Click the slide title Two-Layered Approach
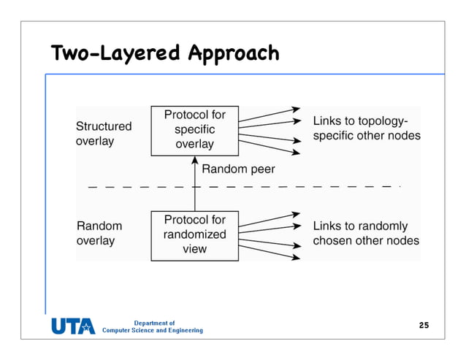coord(165,53)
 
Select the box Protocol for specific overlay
coord(194,129)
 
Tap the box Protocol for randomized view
coord(194,234)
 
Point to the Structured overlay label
coord(104,134)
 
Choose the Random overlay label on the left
coord(99,234)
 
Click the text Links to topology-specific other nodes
coord(366,129)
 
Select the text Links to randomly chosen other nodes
coord(366,234)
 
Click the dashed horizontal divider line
coord(292,187)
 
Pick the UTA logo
coord(73,326)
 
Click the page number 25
coord(424,324)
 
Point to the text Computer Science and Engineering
coord(153,331)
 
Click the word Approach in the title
coord(233,53)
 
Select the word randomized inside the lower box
coord(194,234)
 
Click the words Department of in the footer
coord(154,323)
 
